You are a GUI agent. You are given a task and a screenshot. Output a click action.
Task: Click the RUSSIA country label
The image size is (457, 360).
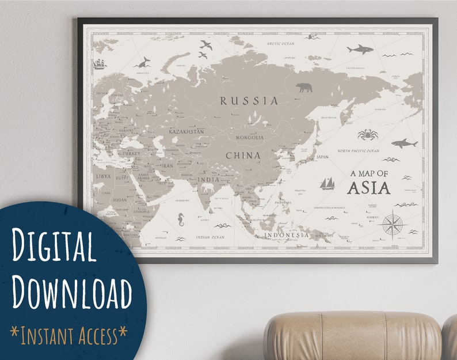249,101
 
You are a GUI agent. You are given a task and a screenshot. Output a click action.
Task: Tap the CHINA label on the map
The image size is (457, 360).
243,156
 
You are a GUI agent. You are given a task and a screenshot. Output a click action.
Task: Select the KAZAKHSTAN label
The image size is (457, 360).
186,132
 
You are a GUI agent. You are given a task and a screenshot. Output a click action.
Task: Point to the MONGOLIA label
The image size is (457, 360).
250,138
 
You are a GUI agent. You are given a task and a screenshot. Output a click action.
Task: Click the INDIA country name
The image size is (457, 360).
210,179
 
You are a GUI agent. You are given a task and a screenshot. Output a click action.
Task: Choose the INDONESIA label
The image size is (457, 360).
287,235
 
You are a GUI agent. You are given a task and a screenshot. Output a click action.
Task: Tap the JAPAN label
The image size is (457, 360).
322,156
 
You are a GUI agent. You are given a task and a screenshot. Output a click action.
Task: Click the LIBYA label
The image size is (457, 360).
104,176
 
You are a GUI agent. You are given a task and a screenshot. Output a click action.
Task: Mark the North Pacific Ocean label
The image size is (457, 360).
358,151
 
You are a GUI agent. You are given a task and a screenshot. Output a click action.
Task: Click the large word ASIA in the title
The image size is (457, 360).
368,188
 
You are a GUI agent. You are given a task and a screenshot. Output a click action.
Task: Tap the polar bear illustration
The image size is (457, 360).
304,88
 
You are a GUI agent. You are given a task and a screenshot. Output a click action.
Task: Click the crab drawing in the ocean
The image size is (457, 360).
367,135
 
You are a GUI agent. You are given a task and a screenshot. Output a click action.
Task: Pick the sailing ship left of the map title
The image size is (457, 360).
327,183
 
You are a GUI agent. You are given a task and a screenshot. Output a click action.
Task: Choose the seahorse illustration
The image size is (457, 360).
182,219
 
